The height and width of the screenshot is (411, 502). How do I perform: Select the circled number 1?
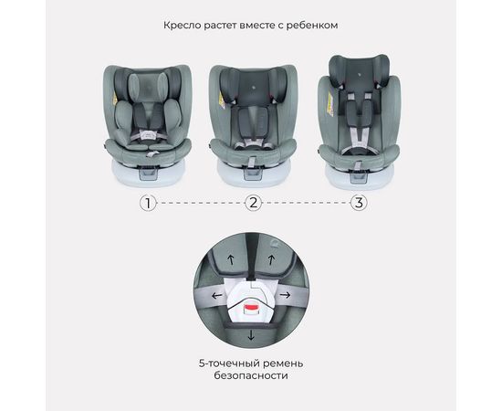(148, 203)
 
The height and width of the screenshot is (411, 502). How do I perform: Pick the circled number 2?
(253, 203)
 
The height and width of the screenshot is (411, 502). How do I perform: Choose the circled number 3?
(359, 203)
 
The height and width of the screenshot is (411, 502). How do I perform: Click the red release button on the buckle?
(251, 308)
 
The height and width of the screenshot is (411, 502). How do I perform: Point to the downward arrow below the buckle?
(251, 335)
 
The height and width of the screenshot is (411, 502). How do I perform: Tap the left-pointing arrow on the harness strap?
(217, 295)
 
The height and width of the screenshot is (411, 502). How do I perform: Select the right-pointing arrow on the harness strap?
(285, 294)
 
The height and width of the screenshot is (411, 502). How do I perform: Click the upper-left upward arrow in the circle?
(231, 259)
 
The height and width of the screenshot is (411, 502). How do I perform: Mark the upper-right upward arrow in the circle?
(271, 259)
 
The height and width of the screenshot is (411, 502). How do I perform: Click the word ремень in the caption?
(283, 364)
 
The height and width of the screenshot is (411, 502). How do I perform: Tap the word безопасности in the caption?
(251, 375)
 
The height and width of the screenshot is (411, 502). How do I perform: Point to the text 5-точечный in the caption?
(229, 364)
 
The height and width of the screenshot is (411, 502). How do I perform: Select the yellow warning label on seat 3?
(330, 104)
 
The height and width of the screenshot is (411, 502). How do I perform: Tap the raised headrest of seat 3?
(360, 73)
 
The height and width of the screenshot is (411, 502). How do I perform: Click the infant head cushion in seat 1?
(148, 86)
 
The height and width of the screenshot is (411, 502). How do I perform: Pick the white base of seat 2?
(254, 174)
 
